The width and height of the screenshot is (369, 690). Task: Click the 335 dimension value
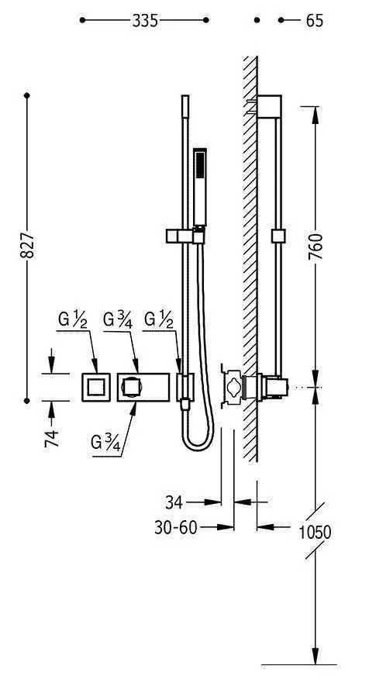[145, 20]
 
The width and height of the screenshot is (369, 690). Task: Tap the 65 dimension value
[314, 20]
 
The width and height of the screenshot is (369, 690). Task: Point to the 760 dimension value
[316, 247]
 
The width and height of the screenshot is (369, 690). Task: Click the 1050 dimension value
[315, 533]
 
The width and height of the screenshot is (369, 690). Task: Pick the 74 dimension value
[51, 438]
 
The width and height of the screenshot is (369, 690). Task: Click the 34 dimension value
[174, 502]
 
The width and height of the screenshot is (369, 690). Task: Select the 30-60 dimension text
[175, 527]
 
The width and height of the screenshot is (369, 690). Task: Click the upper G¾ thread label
[117, 319]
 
